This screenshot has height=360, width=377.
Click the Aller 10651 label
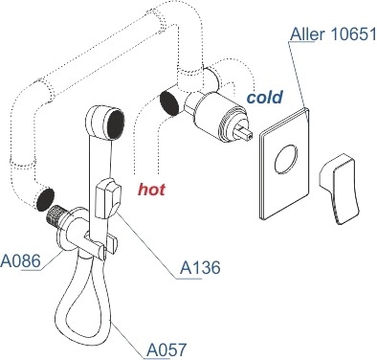(x=334, y=34)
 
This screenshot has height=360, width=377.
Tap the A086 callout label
(x=20, y=261)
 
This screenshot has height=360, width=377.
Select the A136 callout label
(x=200, y=267)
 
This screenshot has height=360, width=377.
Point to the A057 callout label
(x=166, y=349)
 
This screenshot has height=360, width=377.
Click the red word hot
(x=151, y=190)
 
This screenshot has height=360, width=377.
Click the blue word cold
(x=265, y=97)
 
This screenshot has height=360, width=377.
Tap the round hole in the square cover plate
(x=286, y=158)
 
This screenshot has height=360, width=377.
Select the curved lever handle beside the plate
(x=340, y=189)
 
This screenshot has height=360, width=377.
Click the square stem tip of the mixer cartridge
(x=245, y=132)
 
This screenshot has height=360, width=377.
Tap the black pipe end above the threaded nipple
(x=45, y=199)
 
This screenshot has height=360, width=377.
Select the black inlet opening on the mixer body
(x=169, y=102)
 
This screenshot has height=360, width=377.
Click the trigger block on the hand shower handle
(x=107, y=198)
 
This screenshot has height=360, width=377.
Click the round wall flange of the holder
(x=69, y=229)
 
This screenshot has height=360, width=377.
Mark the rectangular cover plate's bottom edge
(x=285, y=207)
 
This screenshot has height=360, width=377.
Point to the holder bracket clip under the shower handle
(x=100, y=245)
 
